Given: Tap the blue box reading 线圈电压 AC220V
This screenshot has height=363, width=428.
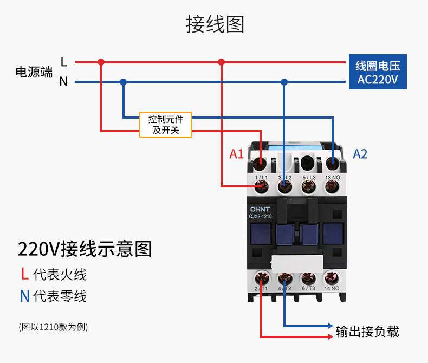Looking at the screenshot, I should [x=378, y=73].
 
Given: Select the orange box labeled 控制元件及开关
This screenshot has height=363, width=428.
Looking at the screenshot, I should [x=165, y=124].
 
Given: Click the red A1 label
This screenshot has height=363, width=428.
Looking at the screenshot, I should [x=236, y=154].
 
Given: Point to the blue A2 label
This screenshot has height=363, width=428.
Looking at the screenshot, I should [x=360, y=154].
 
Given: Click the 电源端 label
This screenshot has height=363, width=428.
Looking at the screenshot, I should [x=34, y=72].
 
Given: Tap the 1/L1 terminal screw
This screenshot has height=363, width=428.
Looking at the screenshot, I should [x=262, y=186].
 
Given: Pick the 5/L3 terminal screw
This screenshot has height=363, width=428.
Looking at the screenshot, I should [x=308, y=186].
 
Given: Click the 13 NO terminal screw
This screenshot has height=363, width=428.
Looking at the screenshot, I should [x=332, y=186].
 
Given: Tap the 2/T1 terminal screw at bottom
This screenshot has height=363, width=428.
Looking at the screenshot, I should [x=262, y=278].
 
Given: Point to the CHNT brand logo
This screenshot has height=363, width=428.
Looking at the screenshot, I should [x=260, y=209].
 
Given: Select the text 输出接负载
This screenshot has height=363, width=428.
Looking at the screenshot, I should [x=367, y=330].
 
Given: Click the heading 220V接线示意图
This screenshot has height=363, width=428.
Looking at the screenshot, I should [x=85, y=249].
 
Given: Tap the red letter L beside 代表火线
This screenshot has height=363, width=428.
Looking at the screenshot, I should [x=24, y=274].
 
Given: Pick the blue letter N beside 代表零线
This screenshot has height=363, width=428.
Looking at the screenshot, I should [x=24, y=296].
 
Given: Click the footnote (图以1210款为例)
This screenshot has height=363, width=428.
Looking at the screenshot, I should [x=53, y=327].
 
